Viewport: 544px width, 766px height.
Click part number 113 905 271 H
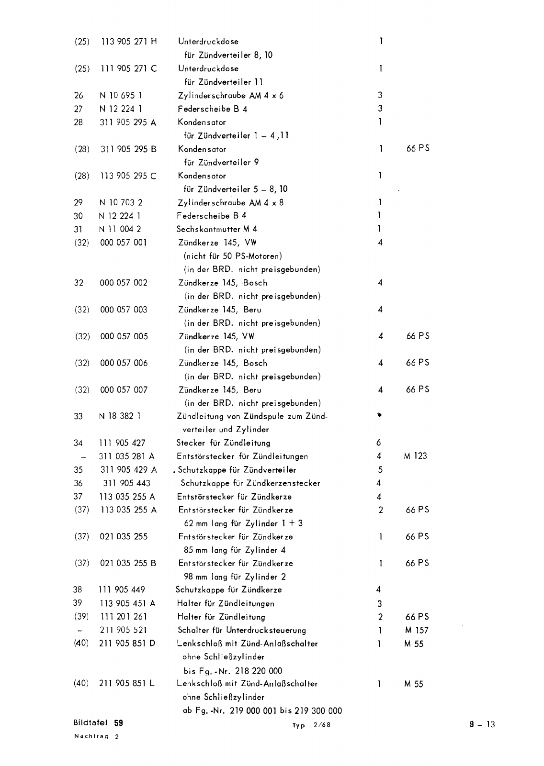pyautogui.click(x=129, y=42)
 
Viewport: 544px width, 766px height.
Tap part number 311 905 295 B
pyautogui.click(x=128, y=149)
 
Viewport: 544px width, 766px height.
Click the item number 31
pyautogui.click(x=78, y=229)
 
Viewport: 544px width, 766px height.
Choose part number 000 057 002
pyautogui.click(x=124, y=283)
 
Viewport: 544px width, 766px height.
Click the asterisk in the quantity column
pyautogui.click(x=379, y=416)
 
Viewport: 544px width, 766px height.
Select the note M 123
pyautogui.click(x=415, y=456)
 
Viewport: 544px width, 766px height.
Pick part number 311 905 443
pyautogui.click(x=125, y=483)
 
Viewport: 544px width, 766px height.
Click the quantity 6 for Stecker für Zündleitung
pyautogui.click(x=379, y=443)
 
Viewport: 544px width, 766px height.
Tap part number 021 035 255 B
pyautogui.click(x=128, y=563)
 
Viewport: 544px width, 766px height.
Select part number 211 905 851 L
pyautogui.click(x=127, y=684)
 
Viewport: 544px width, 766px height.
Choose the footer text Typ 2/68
pyautogui.click(x=311, y=725)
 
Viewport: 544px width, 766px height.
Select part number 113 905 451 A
pyautogui.click(x=127, y=603)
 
